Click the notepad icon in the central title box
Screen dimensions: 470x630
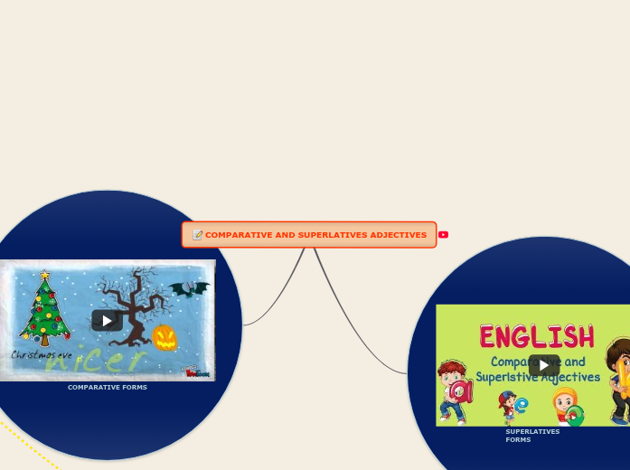(x=197, y=235)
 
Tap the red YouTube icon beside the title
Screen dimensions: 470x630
(x=443, y=235)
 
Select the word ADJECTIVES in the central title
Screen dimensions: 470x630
(x=398, y=235)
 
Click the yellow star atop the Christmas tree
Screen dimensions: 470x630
(x=44, y=274)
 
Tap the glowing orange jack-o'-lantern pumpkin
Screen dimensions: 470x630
(x=165, y=337)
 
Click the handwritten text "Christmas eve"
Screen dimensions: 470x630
(x=42, y=355)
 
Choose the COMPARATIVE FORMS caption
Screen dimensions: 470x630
(x=107, y=387)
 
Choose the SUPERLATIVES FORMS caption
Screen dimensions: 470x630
(x=531, y=436)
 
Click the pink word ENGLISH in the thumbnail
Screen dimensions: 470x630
(x=536, y=336)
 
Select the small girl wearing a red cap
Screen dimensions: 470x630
(x=507, y=407)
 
